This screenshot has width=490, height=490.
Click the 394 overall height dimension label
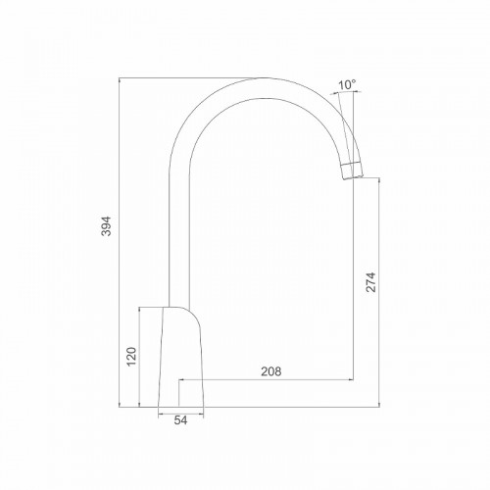[107, 225]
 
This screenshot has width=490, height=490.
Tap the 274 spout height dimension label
[370, 282]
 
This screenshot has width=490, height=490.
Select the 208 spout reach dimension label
[270, 371]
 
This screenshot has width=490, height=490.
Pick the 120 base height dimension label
[131, 357]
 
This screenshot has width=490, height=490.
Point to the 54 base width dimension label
[180, 420]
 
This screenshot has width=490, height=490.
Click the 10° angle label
[347, 85]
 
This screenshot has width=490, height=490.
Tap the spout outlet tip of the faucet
[353, 171]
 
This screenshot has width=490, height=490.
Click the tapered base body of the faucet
[180, 357]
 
